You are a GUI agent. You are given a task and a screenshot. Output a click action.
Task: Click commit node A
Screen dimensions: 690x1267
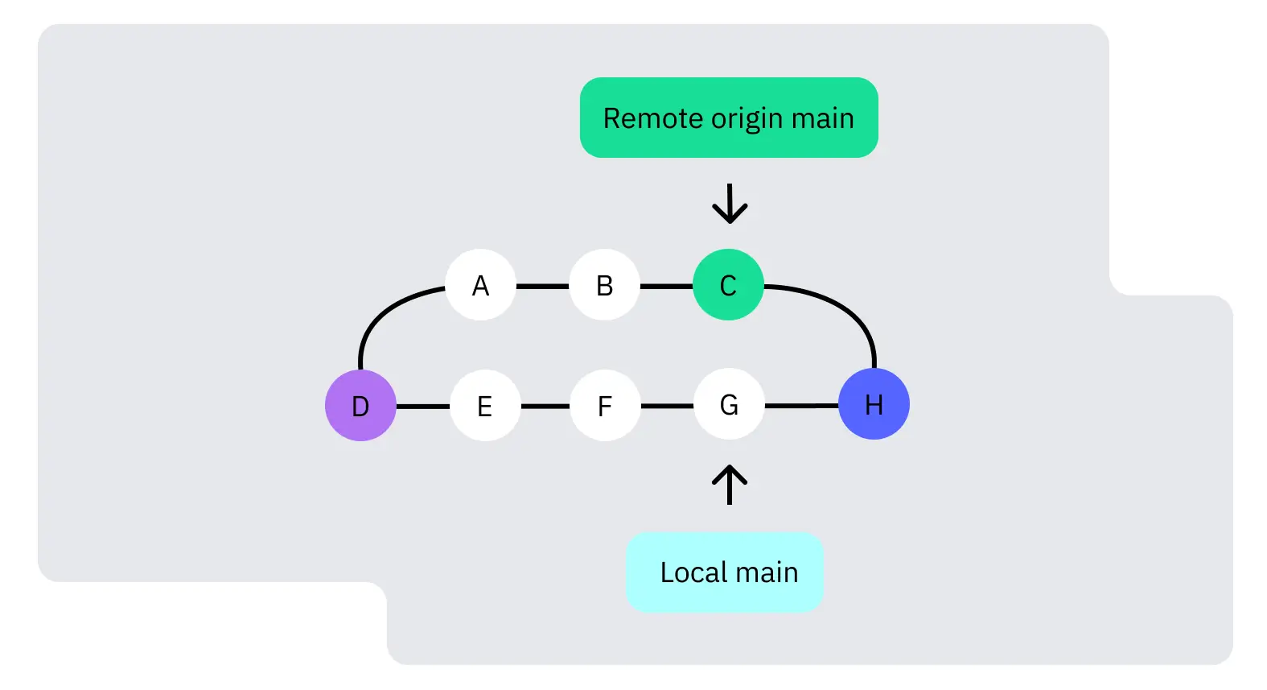coord(480,285)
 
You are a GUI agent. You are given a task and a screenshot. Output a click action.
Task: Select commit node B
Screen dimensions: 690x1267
coord(604,285)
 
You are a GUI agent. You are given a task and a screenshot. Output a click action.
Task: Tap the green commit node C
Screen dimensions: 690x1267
coord(728,285)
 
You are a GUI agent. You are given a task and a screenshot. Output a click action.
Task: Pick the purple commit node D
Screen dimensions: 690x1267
coord(360,406)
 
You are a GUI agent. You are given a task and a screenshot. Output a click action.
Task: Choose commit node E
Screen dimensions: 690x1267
coord(484,406)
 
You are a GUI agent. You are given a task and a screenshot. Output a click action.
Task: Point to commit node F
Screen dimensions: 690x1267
coord(605,406)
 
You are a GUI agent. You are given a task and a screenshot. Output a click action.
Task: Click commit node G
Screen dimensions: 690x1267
coord(729,404)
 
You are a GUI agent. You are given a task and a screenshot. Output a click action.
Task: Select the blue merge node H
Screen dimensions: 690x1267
coord(874,404)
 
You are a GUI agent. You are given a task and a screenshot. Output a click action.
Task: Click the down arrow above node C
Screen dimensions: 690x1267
coord(730,204)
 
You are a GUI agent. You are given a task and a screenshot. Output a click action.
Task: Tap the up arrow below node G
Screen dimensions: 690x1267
coord(730,485)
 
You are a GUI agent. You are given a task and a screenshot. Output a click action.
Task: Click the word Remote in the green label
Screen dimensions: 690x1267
coord(652,118)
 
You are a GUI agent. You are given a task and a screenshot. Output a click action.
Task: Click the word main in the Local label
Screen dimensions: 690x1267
coord(767,572)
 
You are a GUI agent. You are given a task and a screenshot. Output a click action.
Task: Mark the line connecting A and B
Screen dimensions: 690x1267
coord(542,286)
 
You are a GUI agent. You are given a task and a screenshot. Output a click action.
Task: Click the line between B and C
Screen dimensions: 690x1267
coord(666,286)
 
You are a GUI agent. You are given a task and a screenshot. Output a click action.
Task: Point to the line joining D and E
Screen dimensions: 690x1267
coord(423,407)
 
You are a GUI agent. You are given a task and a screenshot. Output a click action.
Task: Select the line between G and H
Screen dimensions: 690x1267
coord(801,406)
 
